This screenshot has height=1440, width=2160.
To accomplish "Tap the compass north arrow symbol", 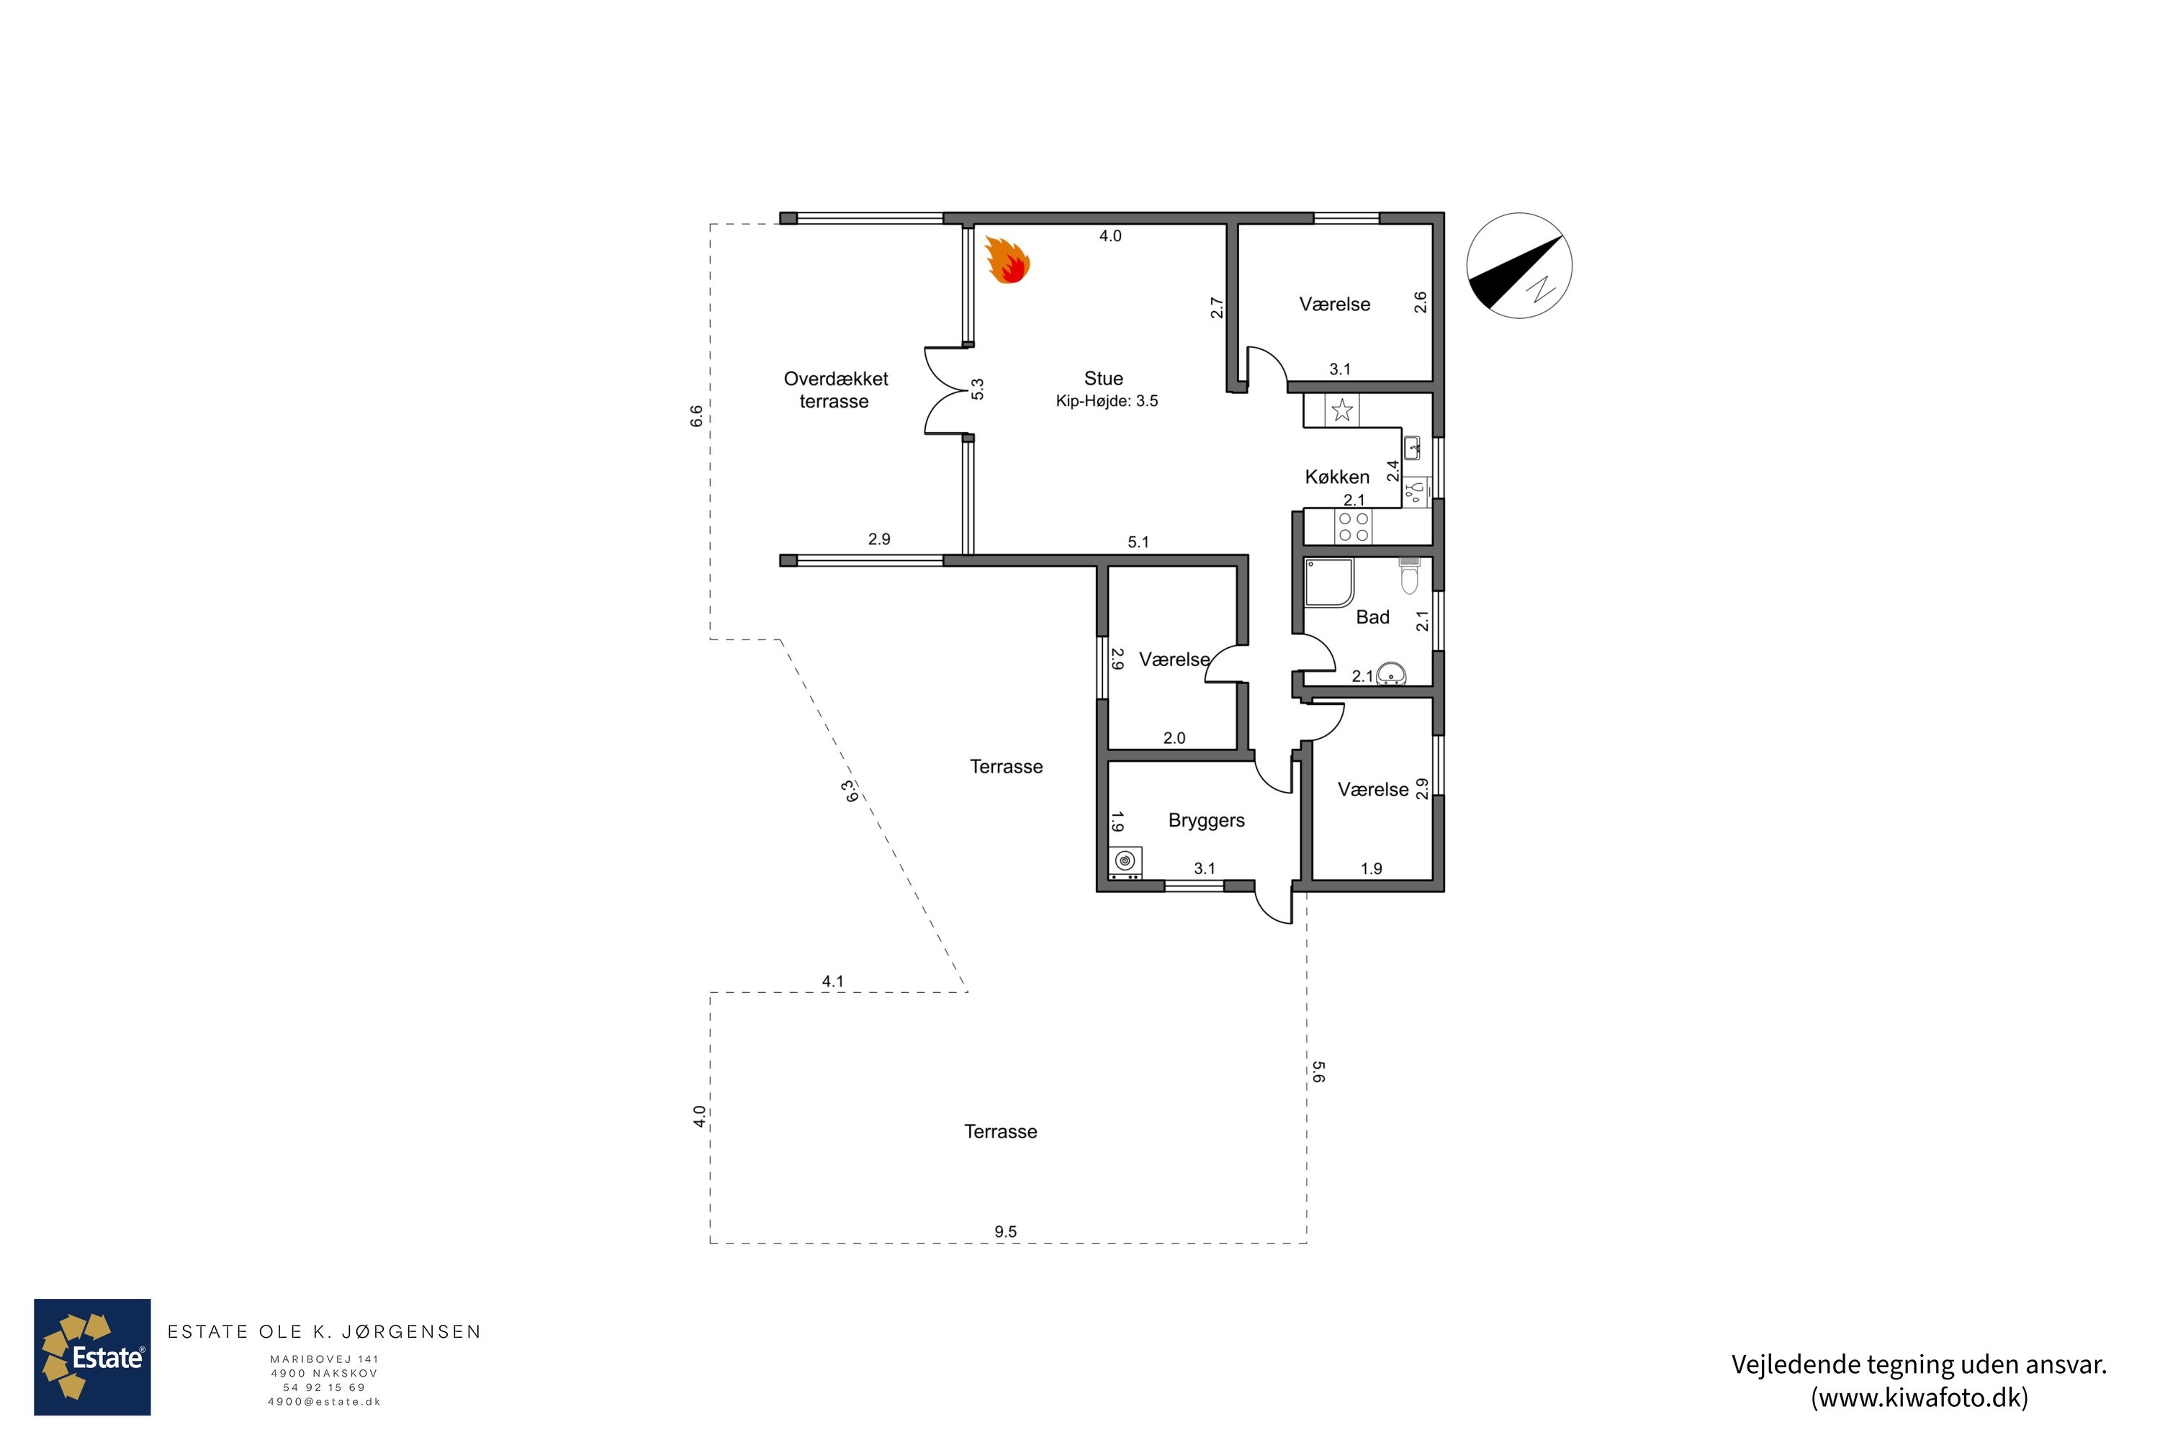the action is point(1519,266).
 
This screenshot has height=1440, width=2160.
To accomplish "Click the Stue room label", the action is point(1103,379).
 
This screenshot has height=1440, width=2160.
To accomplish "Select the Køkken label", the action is point(1337,477).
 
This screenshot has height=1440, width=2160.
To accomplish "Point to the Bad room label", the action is point(1373,617).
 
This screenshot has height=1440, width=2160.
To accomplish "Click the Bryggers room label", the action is point(1207,821).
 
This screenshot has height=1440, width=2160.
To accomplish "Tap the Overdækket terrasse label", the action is point(836,390).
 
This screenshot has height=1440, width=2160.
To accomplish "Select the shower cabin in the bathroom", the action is point(1330,583).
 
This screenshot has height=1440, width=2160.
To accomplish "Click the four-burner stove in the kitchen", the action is point(1353,527).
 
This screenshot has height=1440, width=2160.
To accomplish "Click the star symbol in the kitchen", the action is point(1343,410).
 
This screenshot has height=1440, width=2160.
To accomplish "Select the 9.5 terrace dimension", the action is point(1006,1231).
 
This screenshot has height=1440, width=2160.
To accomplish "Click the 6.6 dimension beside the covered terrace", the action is point(696,416).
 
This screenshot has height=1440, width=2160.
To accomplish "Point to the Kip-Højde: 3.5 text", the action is point(1107,401).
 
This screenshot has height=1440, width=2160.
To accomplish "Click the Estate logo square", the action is point(93,1357).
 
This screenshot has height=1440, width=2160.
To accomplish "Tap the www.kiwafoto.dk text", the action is point(1920,1398).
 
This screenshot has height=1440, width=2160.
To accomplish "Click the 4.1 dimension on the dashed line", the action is point(833,981).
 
